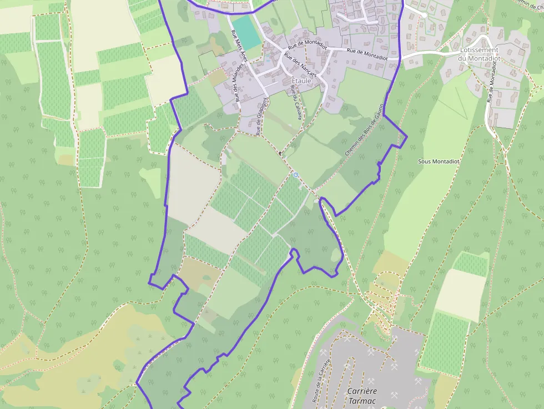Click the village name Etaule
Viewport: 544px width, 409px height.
coord(301,81)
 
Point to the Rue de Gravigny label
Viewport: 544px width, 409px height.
coord(261,116)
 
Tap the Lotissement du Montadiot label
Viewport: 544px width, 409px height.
coord(479,54)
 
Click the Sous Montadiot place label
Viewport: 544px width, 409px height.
coord(439,161)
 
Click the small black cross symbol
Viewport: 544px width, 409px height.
coord(281,152)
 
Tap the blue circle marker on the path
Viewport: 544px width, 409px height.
coord(296,175)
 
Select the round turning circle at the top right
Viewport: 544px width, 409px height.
coord(424,15)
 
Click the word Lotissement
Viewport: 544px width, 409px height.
coord(479,50)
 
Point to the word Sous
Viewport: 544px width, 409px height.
coord(425,161)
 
